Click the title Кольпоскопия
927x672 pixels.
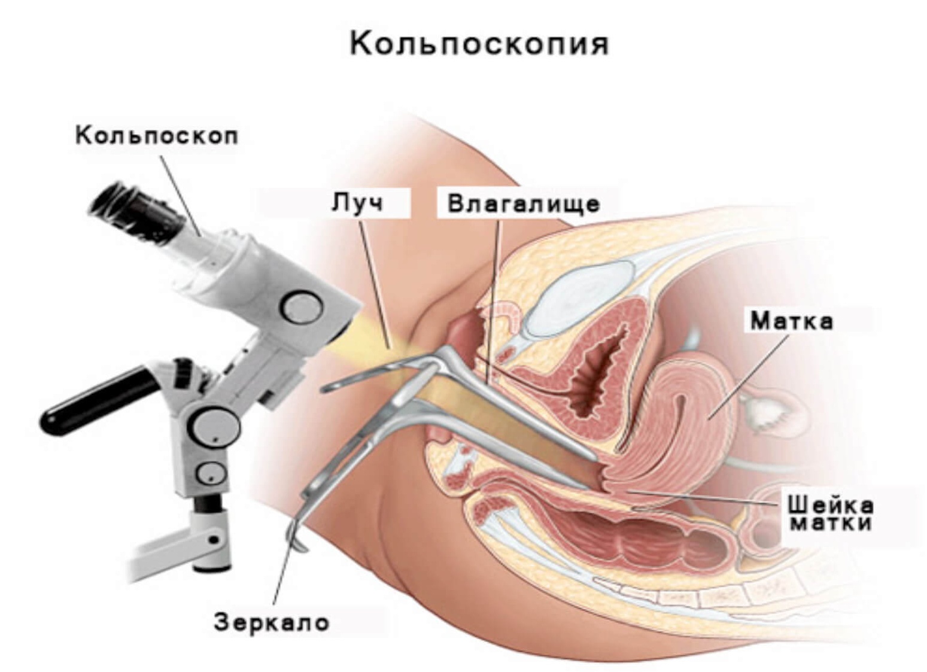[479, 43]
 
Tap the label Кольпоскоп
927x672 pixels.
[157, 136]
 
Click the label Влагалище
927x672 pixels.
[524, 203]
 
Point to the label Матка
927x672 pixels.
[791, 321]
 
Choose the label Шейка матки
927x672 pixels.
[829, 513]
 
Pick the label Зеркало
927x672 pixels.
[272, 622]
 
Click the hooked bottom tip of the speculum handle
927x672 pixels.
[297, 542]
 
